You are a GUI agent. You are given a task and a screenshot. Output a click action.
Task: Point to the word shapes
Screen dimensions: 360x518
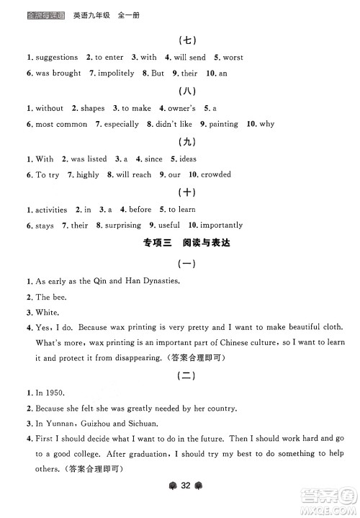92,108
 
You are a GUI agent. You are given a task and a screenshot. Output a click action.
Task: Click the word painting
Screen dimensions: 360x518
223,125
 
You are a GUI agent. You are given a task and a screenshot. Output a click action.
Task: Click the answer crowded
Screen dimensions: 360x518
215,175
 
